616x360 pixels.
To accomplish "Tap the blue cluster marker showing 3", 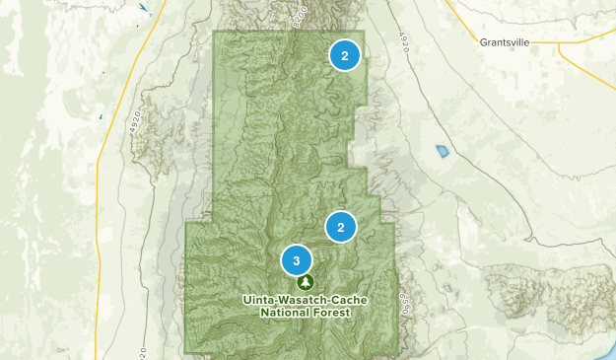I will pyautogui.click(x=296, y=259).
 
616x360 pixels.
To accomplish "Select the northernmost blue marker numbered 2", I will pyautogui.click(x=344, y=56).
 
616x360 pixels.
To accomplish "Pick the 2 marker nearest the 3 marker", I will pyautogui.click(x=340, y=228).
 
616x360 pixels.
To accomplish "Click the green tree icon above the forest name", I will pyautogui.click(x=304, y=282).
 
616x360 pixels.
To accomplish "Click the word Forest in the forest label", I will pyautogui.click(x=332, y=313).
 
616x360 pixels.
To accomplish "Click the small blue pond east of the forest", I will pyautogui.click(x=442, y=152).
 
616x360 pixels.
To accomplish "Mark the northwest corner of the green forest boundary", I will pyautogui.click(x=215, y=32).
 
